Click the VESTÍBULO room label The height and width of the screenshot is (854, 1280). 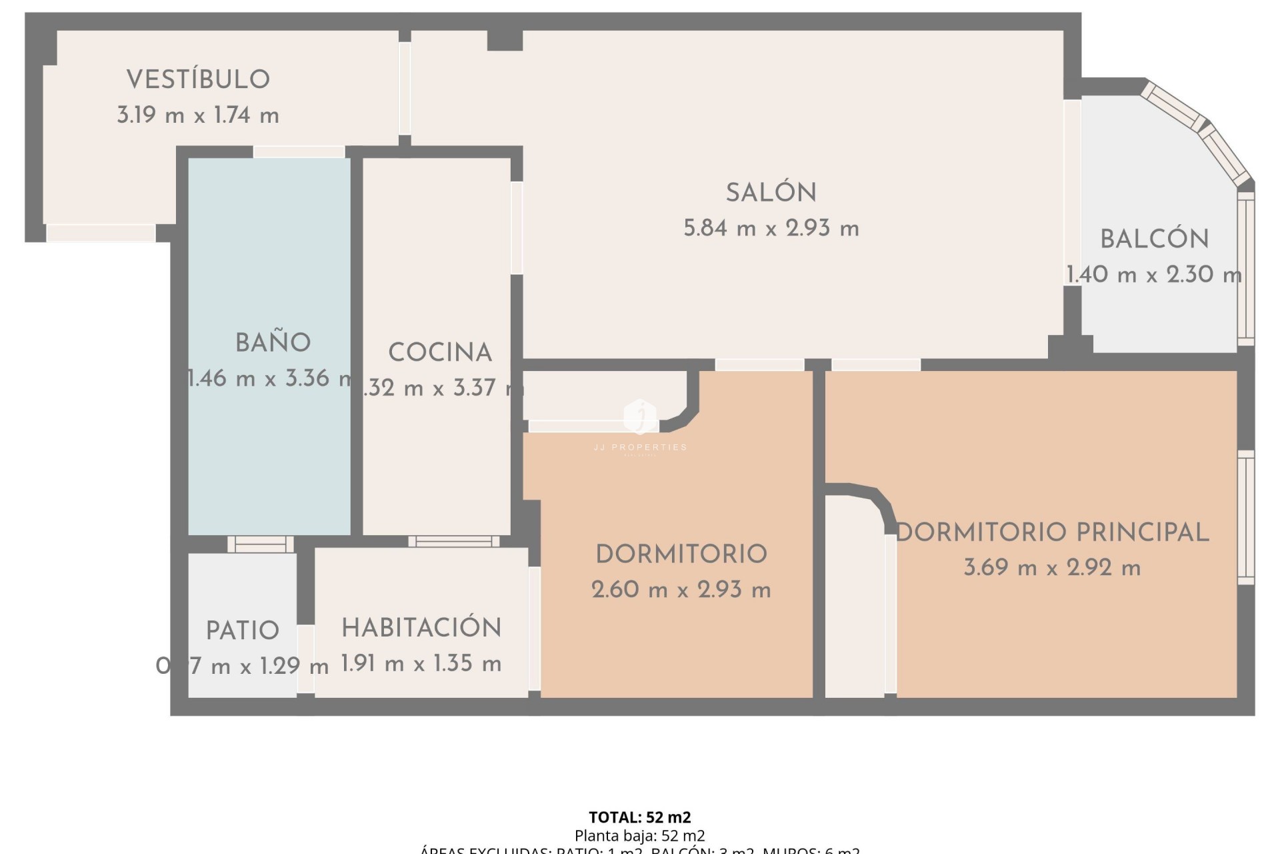coord(198,79)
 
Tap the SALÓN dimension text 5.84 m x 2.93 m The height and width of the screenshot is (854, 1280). coord(771,229)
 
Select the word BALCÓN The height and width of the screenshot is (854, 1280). coord(1154,239)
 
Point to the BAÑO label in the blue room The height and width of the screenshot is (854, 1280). coord(273,343)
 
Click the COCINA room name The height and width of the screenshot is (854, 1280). coord(440,352)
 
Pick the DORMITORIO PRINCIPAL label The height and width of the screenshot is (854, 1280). coord(1052,532)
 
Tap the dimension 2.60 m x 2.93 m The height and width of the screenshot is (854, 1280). coord(681,590)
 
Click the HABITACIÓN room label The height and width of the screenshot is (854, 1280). coord(421,628)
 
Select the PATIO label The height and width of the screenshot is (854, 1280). coord(242,630)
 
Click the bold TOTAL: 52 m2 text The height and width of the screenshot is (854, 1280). coord(639,817)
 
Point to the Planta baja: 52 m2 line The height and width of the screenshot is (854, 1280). coord(639,835)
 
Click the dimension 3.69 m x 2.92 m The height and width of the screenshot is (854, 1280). coord(1052,568)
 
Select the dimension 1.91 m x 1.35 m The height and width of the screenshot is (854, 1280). coord(421,663)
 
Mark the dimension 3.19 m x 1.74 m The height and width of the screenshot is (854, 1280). coord(198,115)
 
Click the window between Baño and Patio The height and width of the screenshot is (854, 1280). coord(260,544)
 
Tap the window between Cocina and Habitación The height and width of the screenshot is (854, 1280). coord(453,541)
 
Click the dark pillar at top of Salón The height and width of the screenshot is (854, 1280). coord(505,40)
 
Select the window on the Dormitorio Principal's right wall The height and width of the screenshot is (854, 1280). coord(1245,517)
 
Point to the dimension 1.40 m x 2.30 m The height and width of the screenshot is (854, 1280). coord(1154,274)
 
